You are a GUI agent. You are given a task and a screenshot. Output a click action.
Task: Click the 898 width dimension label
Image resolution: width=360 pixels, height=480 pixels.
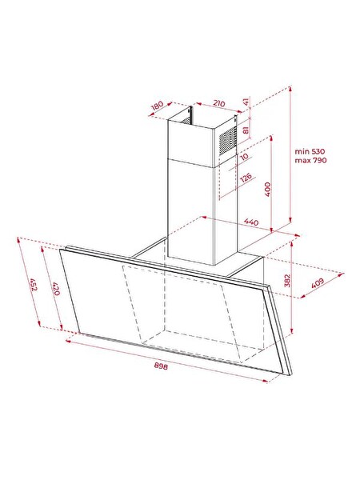tap(161, 366)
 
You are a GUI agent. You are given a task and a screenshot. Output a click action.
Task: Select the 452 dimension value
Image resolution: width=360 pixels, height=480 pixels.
tap(34, 284)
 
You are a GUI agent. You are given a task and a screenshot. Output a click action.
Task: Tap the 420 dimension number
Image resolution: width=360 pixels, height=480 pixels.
tap(56, 289)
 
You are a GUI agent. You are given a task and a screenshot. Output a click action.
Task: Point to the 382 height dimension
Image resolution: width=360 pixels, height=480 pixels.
tap(287, 281)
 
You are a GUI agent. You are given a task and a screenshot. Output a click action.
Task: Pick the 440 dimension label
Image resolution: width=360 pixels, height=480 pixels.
tap(251, 222)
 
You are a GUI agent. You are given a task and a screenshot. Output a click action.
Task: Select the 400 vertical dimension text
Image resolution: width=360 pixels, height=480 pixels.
tap(267, 189)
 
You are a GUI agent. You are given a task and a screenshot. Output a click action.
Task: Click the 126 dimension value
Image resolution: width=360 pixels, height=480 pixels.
tap(246, 178)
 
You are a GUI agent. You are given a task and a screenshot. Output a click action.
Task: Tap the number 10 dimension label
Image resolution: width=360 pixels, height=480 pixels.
tap(244, 157)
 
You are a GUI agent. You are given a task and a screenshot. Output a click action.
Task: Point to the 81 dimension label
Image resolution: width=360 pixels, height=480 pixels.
tap(246, 130)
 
